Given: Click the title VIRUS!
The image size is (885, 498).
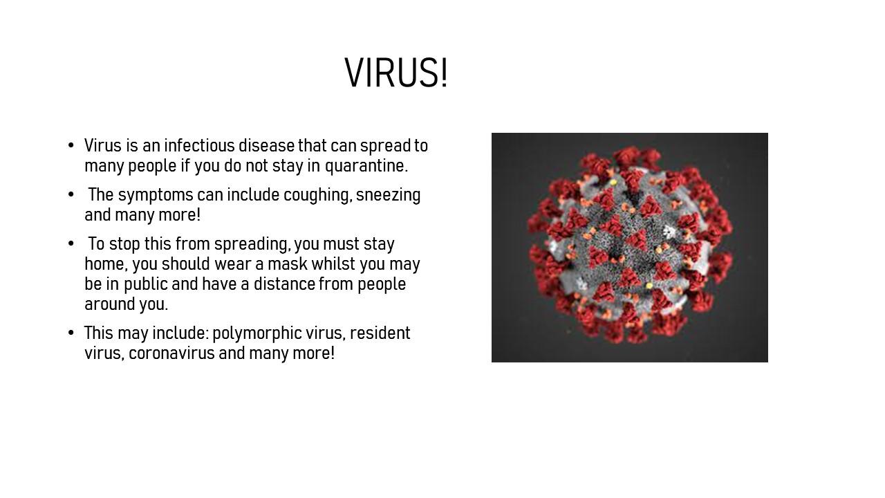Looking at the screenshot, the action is pyautogui.click(x=396, y=73).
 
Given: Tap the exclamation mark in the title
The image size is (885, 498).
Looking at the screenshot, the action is pyautogui.click(x=445, y=73).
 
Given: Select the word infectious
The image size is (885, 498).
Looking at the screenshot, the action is pyautogui.click(x=200, y=145).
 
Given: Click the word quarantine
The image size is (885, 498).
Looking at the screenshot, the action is pyautogui.click(x=366, y=166).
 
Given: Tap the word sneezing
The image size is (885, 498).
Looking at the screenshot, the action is pyautogui.click(x=389, y=195).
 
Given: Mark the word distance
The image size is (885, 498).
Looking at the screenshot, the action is pyautogui.click(x=284, y=284).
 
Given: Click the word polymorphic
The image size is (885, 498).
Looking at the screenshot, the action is pyautogui.click(x=257, y=333).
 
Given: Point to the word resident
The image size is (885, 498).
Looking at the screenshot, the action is pyautogui.click(x=380, y=333).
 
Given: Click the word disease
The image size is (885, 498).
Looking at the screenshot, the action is pyautogui.click(x=267, y=145).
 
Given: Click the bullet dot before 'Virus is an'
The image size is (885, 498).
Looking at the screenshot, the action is pyautogui.click(x=71, y=145).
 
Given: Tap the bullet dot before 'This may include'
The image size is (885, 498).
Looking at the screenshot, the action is pyautogui.click(x=71, y=333).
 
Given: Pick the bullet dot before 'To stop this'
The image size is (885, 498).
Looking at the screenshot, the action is pyautogui.click(x=71, y=243).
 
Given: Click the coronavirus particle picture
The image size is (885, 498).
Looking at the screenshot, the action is pyautogui.click(x=630, y=248).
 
